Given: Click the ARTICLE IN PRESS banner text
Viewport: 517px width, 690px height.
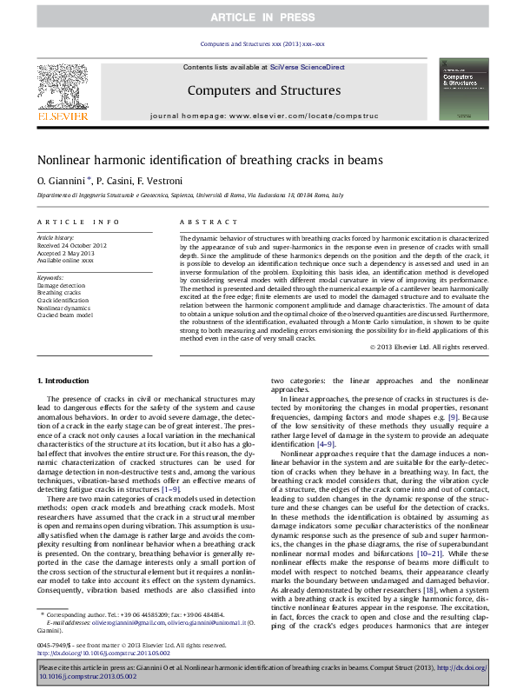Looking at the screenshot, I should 258,17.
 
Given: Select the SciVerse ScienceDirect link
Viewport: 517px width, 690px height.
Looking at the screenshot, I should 307,67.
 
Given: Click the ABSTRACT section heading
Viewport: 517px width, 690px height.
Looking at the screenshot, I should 202,222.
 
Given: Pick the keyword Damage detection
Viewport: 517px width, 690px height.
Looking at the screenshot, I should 61,285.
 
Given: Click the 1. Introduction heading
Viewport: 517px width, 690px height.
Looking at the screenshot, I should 64,381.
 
